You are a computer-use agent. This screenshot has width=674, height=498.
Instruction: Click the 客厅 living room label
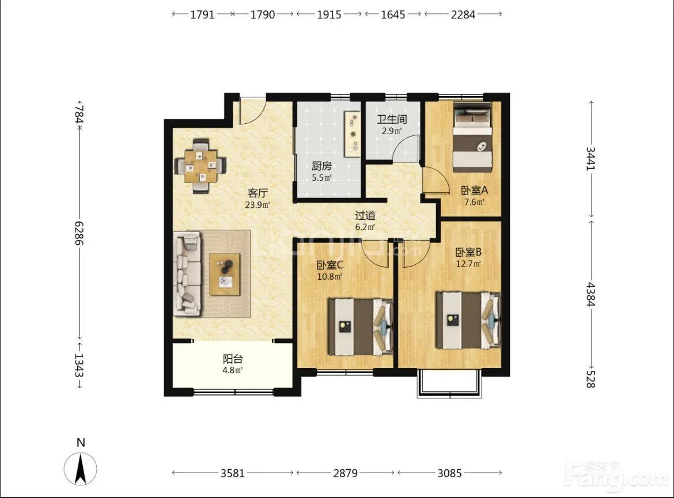point(258,193)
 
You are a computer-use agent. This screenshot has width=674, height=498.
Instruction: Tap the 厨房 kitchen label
point(321,166)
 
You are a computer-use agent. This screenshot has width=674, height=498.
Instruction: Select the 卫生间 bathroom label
point(392,119)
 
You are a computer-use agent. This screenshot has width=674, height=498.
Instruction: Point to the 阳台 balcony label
point(233,358)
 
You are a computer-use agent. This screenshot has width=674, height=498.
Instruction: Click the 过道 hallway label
point(365,215)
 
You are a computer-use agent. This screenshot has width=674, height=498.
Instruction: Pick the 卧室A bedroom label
point(474,190)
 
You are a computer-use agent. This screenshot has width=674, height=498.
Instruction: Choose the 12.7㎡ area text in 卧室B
point(468,264)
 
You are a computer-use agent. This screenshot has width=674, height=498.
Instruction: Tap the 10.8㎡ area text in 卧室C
point(330,277)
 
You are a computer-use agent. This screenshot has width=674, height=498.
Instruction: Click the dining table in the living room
point(200,165)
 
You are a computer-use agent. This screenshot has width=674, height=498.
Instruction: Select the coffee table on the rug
point(225,274)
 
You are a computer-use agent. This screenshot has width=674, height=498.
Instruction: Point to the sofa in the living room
point(187,274)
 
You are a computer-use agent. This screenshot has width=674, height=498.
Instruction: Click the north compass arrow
point(81,469)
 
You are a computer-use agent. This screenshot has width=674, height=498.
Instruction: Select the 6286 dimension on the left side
point(79,233)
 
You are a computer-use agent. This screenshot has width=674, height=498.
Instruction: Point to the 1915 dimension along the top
point(329,14)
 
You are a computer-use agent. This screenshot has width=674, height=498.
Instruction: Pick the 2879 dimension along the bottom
point(345,473)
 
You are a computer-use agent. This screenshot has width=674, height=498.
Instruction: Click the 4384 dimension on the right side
point(591,294)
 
